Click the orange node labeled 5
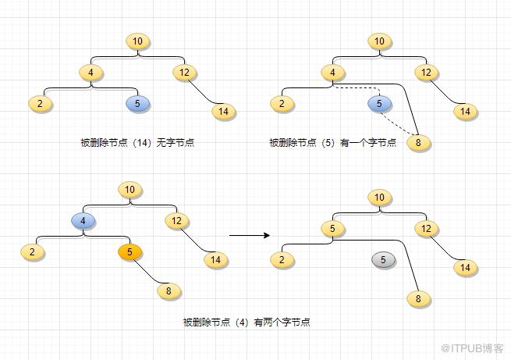pos(130,252)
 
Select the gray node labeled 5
pos(383,260)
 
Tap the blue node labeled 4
pos(83,221)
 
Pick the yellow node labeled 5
pos(333,229)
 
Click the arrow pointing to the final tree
pos(249,234)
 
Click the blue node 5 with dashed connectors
pos(380,103)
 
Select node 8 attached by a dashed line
pos(419,143)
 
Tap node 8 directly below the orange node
pos(169,291)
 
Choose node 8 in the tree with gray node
pos(418,298)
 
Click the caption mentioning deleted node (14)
pos(137,142)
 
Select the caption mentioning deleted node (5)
pos(333,142)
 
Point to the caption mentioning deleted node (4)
pos(247,321)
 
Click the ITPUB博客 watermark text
pos(472,348)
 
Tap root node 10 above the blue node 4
pos(130,190)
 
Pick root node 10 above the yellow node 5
pos(380,198)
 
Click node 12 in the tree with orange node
pos(177,221)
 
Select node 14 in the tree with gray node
pos(466,268)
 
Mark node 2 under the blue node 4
pos(33,252)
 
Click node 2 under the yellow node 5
pos(282,260)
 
